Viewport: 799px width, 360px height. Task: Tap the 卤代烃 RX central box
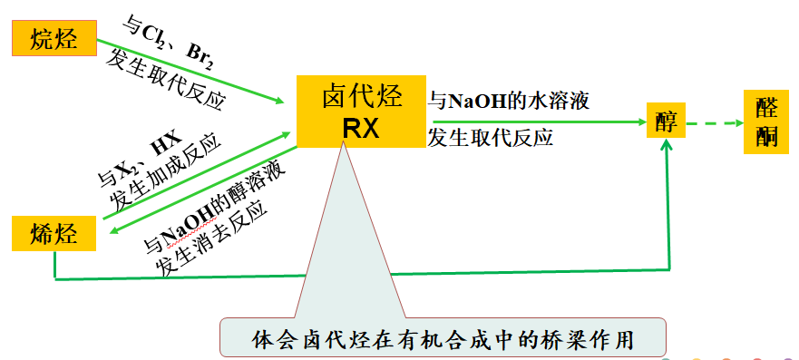coord(360,112)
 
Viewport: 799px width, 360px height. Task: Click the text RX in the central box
coord(360,130)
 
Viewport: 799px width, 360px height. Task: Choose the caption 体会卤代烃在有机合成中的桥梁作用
coord(443,339)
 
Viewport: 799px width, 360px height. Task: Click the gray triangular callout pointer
coord(343,245)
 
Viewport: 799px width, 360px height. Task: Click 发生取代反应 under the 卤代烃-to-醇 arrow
coord(491,140)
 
